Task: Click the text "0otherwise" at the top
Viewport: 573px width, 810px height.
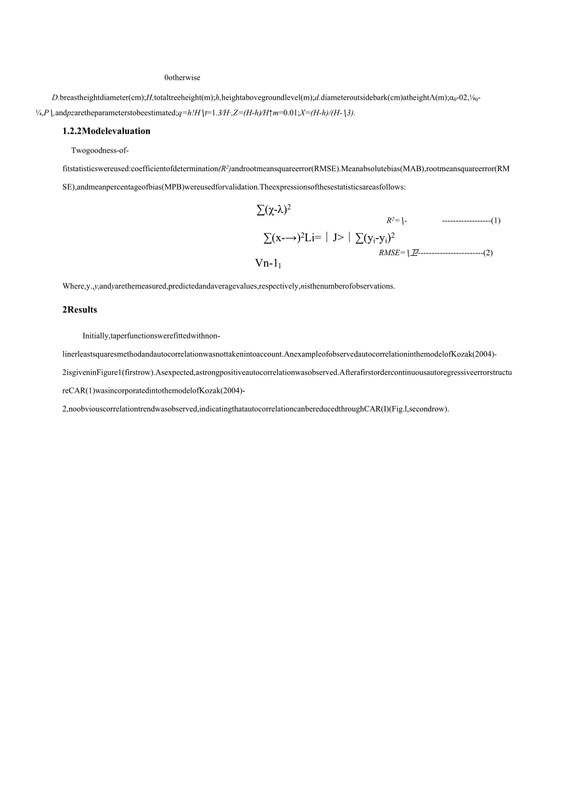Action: coord(182,78)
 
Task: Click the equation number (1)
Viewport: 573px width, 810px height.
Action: coord(496,220)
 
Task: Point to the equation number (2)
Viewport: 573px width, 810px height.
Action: coord(488,252)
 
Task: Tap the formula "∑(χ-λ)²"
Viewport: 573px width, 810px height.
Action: coord(275,210)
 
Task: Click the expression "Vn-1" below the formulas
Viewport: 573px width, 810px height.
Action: coord(268,263)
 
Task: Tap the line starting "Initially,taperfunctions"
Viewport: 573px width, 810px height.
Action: coord(151,336)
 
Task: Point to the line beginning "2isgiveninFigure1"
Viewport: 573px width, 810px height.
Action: coord(286,372)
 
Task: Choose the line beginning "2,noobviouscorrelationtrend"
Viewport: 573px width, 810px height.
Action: coord(255,408)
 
